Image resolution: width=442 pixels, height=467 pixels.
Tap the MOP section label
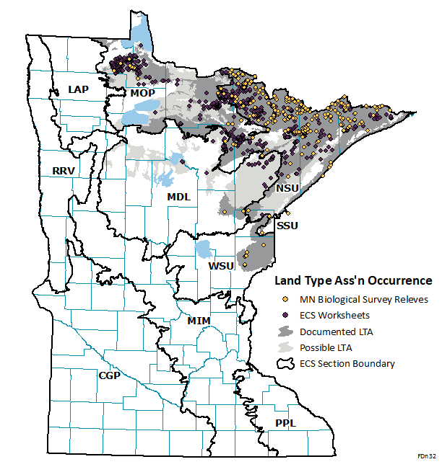pos(144,93)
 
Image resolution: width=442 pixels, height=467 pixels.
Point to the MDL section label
pos(179,197)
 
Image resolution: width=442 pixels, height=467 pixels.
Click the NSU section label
pos(287,188)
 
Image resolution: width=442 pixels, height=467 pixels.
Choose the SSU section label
pos(288,226)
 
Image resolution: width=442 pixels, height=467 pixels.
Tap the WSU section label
pos(221,266)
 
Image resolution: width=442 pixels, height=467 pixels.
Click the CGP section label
pos(109,375)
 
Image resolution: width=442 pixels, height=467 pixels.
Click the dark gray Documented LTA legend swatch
pos(286,331)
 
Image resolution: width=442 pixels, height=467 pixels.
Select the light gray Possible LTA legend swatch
pos(286,347)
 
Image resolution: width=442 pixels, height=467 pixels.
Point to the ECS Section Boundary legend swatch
pos(286,363)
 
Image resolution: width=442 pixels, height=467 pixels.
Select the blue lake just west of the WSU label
pos(204,251)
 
